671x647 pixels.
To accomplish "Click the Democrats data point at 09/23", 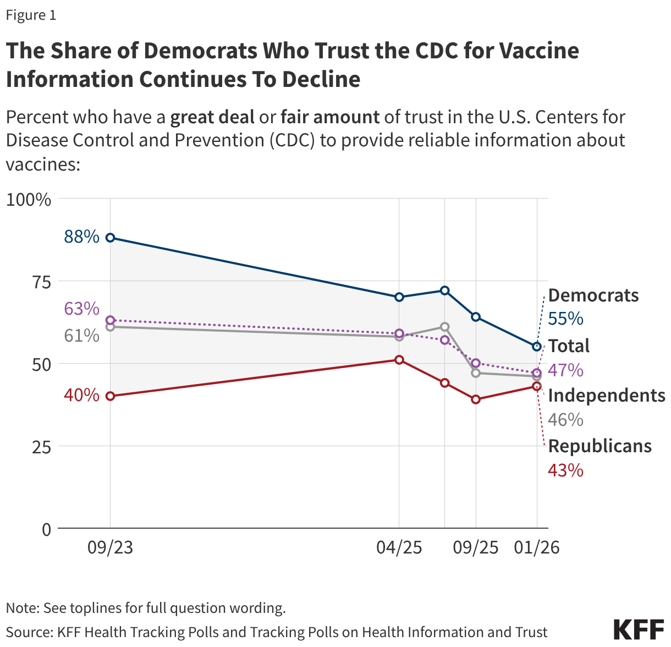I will pyautogui.click(x=110, y=238).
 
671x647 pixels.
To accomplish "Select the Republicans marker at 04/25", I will pyautogui.click(x=399, y=360).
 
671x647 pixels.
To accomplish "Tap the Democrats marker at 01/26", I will pyautogui.click(x=537, y=347).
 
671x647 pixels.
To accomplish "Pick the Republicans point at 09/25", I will pyautogui.click(x=476, y=399).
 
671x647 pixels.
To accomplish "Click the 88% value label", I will pyautogui.click(x=81, y=237).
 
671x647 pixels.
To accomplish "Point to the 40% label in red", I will pyautogui.click(x=81, y=395).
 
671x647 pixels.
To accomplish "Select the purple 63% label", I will pyautogui.click(x=81, y=309).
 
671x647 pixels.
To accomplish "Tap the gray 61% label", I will pyautogui.click(x=81, y=335).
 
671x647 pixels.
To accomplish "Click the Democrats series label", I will pyautogui.click(x=593, y=295).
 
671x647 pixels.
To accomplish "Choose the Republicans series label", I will pyautogui.click(x=599, y=446).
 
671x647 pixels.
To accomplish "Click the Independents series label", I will pyautogui.click(x=607, y=396).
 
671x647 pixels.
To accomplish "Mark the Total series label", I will pyautogui.click(x=569, y=346).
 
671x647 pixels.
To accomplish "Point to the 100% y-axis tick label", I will pyautogui.click(x=29, y=199).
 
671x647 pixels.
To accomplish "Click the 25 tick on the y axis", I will pyautogui.click(x=41, y=447).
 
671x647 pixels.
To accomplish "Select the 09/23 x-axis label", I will pyautogui.click(x=110, y=547).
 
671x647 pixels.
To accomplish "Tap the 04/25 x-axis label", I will pyautogui.click(x=399, y=547).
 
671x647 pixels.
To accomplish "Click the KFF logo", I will pyautogui.click(x=638, y=629).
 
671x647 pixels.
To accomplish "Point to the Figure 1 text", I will pyautogui.click(x=31, y=15).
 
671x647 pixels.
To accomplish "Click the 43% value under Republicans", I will pyautogui.click(x=565, y=470).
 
